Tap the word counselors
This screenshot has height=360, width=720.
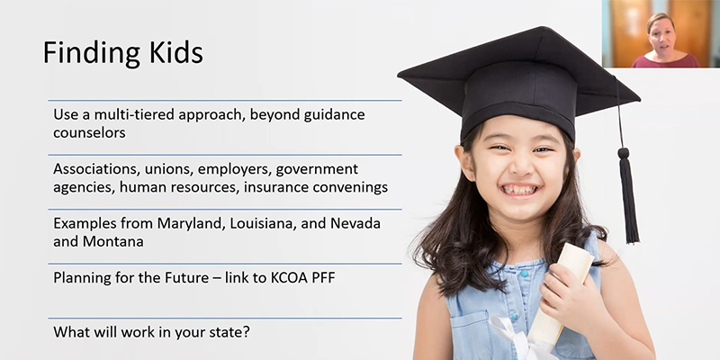click(88, 132)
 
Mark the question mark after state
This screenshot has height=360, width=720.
click(247, 331)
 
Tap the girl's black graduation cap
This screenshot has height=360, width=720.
click(517, 81)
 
